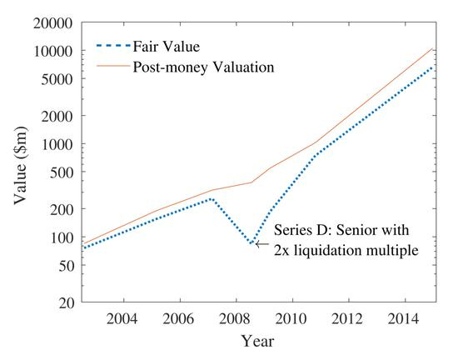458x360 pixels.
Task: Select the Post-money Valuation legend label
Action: [x=204, y=67]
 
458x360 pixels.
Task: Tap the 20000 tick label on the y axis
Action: [x=55, y=22]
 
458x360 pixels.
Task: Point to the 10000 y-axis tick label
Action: [x=55, y=51]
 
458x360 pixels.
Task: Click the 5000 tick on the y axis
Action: [x=58, y=79]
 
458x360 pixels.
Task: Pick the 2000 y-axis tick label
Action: [x=58, y=116]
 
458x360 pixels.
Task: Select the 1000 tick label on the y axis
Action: [x=58, y=144]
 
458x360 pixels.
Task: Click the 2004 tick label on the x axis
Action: [x=123, y=319]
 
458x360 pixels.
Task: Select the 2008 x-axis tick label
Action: [x=235, y=319]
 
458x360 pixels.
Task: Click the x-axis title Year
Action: [x=257, y=341]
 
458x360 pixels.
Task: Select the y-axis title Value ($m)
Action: [x=20, y=162]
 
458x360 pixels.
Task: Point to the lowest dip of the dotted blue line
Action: [x=251, y=244]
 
